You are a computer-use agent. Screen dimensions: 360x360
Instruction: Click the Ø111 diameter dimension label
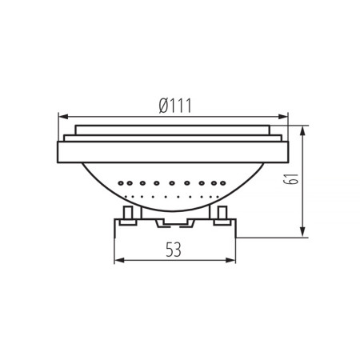[175, 105]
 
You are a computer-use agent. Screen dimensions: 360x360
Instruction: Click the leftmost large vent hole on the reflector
[120, 183]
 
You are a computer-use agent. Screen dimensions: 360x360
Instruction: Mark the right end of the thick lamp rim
[285, 152]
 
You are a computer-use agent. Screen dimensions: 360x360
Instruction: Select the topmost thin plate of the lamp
[173, 129]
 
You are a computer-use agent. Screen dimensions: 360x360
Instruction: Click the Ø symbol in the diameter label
[162, 105]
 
